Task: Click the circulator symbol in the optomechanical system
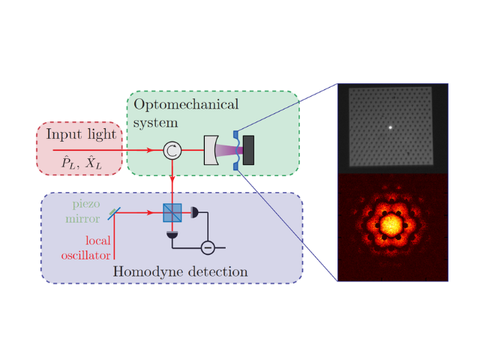(172, 151)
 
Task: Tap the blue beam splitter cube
(172, 212)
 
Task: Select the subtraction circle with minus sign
(208, 247)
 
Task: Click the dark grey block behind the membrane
(249, 151)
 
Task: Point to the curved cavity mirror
(211, 151)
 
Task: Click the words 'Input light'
(81, 135)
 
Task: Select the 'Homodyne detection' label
(180, 271)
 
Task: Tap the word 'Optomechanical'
(186, 104)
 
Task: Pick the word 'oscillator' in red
(85, 255)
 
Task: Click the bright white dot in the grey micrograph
(391, 127)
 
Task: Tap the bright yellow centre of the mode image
(391, 223)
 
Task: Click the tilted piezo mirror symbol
(114, 213)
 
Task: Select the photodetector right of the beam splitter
(196, 212)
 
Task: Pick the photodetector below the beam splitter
(172, 235)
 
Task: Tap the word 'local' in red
(97, 241)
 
